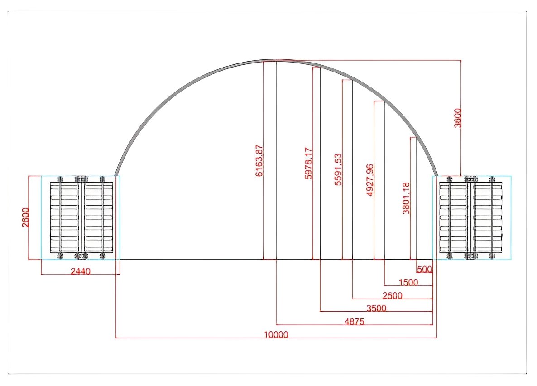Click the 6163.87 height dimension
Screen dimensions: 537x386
[259, 161]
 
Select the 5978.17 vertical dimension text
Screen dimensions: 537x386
[308, 163]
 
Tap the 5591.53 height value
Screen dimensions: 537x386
[338, 169]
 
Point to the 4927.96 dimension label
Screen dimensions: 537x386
[370, 180]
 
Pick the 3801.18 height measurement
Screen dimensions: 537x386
[406, 198]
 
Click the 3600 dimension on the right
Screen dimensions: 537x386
[458, 118]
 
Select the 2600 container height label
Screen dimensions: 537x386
[25, 217]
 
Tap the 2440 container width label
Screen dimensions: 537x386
[81, 271]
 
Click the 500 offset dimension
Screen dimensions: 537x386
[424, 270]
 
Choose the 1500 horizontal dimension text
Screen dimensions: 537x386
[408, 282]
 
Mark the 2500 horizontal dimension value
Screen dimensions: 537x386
[392, 295]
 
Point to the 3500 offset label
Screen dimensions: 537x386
[376, 308]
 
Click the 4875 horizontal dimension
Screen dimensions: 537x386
[354, 322]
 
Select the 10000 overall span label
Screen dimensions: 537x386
[276, 335]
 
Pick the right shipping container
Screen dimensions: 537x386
[472, 217]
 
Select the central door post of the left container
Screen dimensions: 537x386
[81, 217]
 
